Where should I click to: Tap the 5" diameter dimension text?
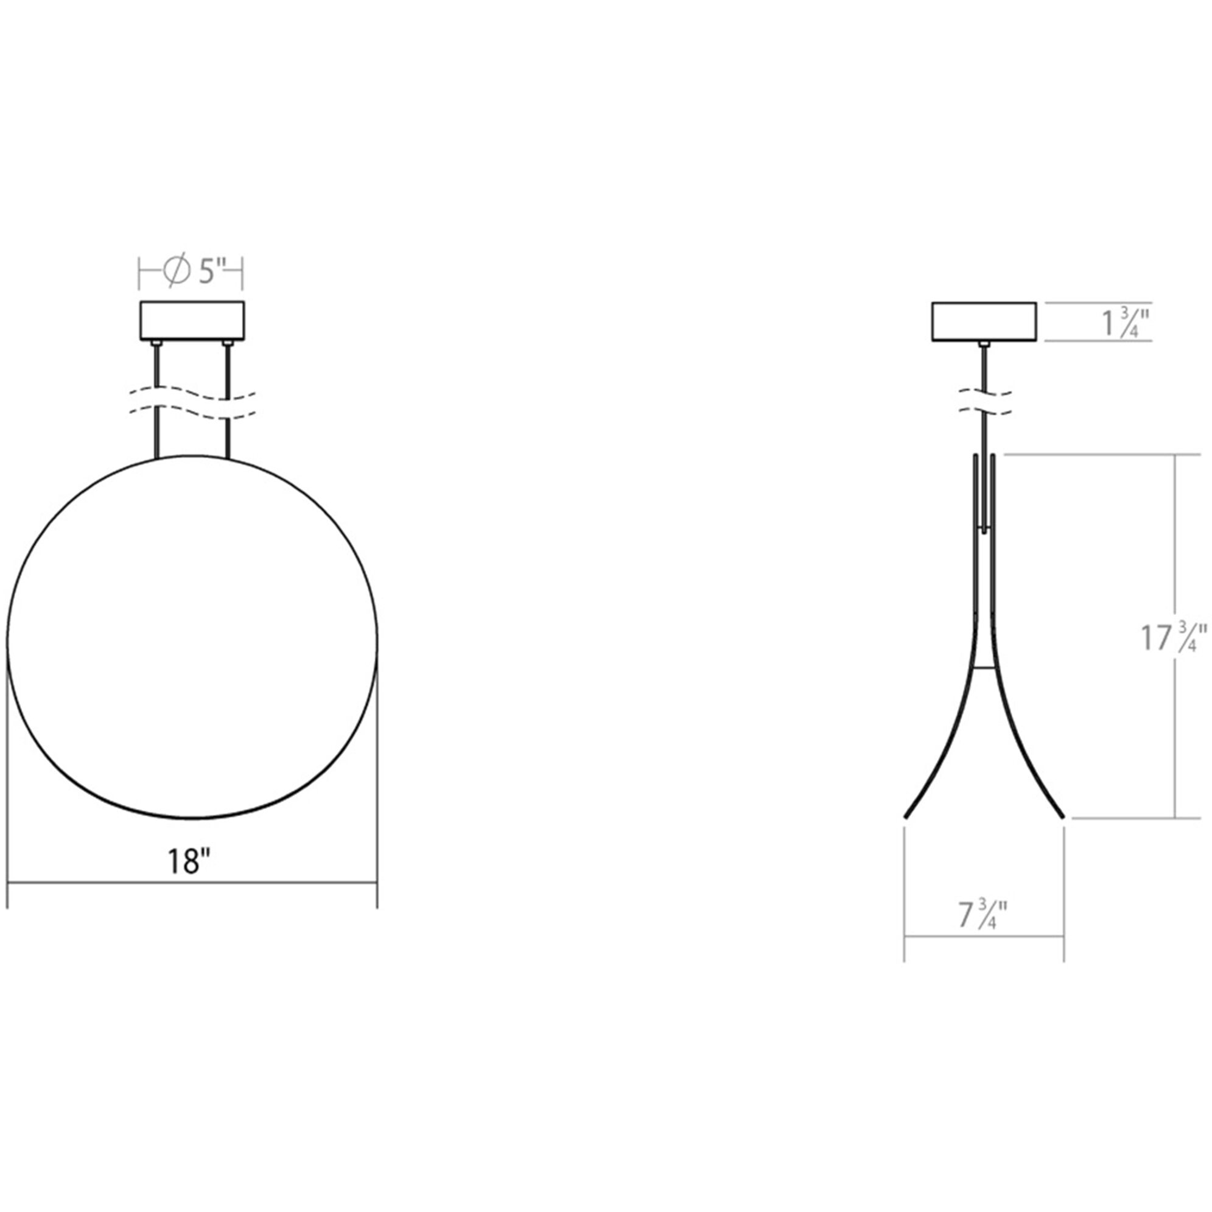click(x=212, y=272)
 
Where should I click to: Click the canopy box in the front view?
click(x=192, y=320)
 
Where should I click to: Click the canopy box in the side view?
click(x=984, y=322)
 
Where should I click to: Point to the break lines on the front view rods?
click(x=192, y=405)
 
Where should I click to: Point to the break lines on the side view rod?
click(x=985, y=404)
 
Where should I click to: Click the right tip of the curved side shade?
click(x=1062, y=816)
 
